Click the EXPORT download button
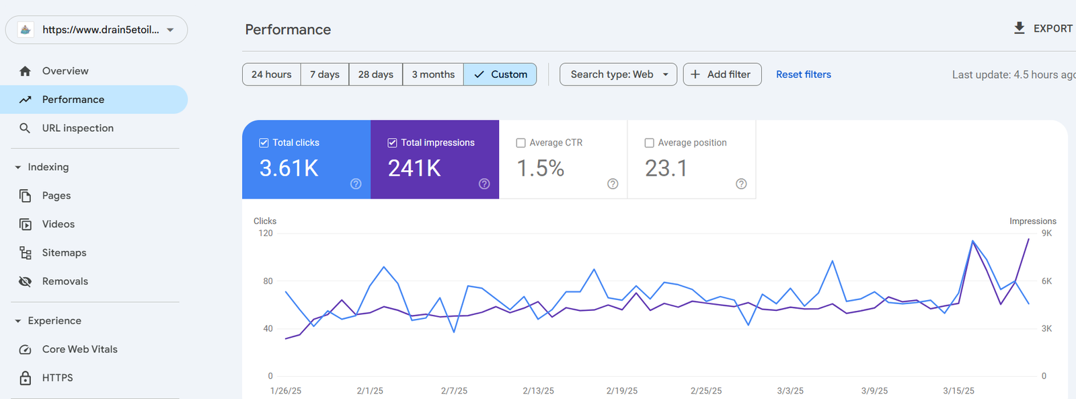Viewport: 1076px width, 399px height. tap(1043, 28)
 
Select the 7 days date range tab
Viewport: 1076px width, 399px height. tap(325, 74)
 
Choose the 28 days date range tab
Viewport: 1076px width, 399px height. tap(375, 74)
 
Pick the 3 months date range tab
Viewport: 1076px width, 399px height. tap(433, 74)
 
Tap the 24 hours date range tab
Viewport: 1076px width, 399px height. tap(272, 74)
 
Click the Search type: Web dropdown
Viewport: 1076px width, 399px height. tap(618, 74)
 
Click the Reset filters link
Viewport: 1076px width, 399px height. tap(803, 74)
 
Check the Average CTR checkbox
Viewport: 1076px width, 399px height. tap(521, 143)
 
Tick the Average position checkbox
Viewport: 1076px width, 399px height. tap(649, 143)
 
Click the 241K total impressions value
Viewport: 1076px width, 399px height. tap(414, 168)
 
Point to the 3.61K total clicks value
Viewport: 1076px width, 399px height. tap(289, 168)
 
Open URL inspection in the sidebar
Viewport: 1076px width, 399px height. tap(77, 128)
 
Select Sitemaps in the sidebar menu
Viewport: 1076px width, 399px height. tap(64, 252)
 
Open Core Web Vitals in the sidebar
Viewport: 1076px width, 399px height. tap(79, 349)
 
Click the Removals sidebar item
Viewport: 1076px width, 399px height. tap(65, 281)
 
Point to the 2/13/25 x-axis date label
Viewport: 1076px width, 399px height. tap(538, 391)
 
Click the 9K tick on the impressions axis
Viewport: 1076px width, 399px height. tap(1046, 233)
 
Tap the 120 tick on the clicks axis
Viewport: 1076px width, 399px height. tap(266, 233)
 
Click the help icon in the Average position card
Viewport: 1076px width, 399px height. tap(741, 184)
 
